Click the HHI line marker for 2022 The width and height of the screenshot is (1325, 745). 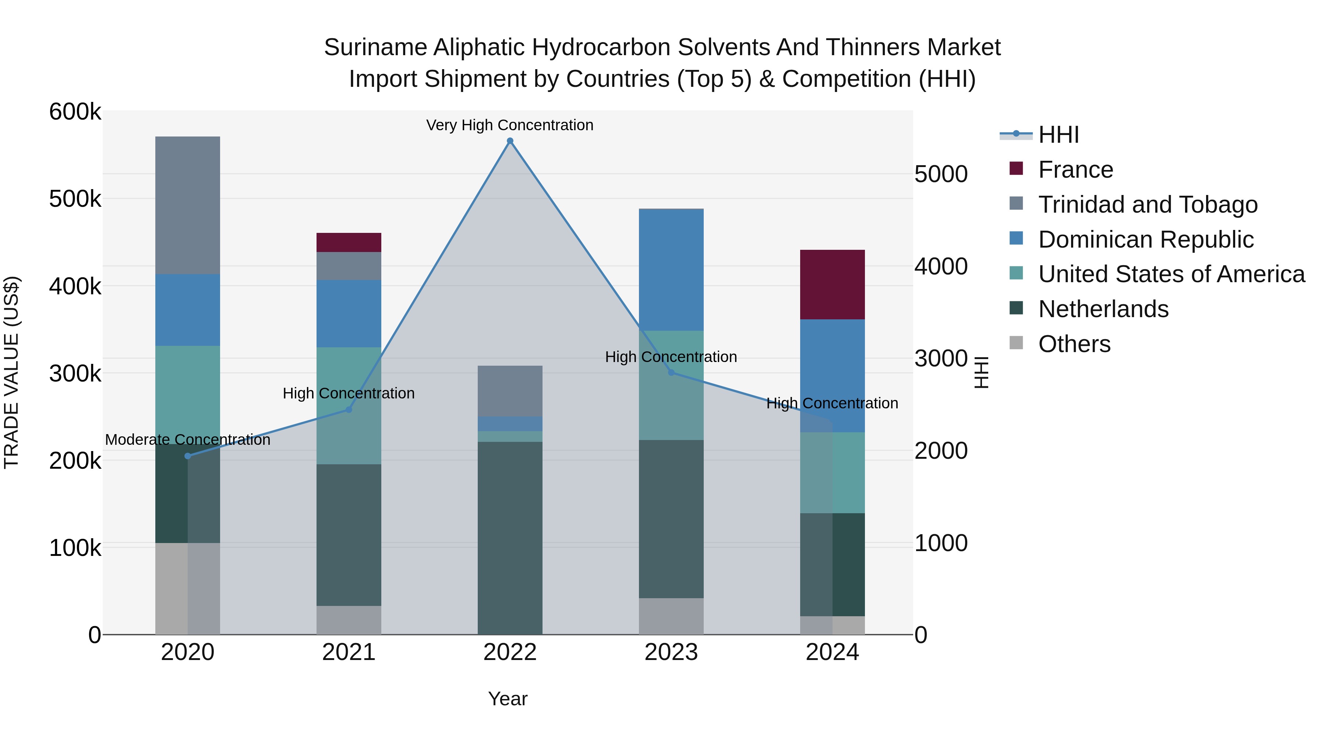510,141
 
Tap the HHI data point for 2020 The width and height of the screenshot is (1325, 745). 188,456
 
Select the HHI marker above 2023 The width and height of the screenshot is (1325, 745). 671,372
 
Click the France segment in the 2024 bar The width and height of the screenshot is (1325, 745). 832,284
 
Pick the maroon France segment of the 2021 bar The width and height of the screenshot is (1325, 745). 349,242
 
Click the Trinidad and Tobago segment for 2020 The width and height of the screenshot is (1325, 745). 188,205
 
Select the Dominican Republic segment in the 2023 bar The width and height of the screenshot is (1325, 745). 671,270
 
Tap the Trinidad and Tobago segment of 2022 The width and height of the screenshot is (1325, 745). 510,391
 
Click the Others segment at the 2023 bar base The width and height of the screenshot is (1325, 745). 671,616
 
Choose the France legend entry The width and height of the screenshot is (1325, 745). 1075,170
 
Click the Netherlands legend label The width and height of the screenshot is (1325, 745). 1103,309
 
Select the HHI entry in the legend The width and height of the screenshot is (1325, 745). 1059,135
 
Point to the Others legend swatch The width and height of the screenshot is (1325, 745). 1016,343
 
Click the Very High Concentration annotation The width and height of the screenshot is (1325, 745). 510,125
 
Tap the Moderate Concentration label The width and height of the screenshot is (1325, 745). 188,440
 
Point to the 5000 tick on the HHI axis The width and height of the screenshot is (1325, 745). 941,174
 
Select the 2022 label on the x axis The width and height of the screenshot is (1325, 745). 510,652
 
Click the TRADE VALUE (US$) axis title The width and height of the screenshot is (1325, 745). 11,372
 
